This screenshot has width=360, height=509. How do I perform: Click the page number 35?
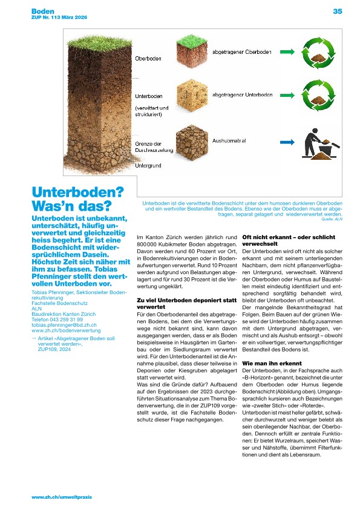click(x=337, y=11)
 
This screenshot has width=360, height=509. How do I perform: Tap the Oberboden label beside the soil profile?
click(x=147, y=58)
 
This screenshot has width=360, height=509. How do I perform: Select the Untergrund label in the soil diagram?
click(x=148, y=165)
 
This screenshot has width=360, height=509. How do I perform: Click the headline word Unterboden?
click(x=77, y=193)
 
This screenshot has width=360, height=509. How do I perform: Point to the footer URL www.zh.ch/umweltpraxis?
click(x=62, y=497)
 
